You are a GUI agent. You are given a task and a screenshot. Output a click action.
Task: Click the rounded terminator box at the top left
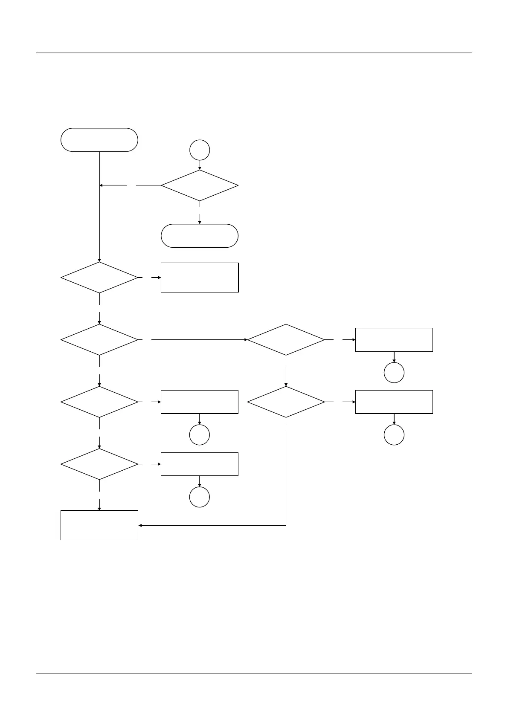pos(99,140)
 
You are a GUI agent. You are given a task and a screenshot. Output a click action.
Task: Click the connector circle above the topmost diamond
pos(200,150)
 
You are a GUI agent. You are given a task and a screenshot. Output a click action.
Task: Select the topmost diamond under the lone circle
pos(200,185)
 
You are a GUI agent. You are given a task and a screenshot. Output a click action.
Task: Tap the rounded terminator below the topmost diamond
pos(200,236)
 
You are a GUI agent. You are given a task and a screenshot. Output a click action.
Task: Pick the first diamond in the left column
pos(99,278)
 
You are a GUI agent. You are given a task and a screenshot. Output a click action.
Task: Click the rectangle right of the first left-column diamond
pos(200,278)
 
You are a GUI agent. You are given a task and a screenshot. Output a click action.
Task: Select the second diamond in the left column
pos(99,340)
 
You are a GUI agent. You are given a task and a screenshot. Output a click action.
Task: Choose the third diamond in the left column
pos(99,402)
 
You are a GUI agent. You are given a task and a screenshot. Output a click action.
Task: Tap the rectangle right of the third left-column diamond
pos(200,402)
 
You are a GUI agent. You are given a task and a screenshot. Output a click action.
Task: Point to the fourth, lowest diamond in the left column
pos(99,464)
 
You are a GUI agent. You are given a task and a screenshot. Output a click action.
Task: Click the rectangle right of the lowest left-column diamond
pos(200,464)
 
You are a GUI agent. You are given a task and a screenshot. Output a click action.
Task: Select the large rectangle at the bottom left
pos(99,525)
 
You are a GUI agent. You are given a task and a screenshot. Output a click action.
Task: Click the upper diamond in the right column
pos(286,340)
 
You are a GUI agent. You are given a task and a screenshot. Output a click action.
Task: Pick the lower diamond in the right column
pos(286,402)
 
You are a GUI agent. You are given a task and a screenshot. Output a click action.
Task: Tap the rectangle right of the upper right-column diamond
pos(394,340)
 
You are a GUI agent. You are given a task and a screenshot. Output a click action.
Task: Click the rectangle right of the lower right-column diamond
pos(394,402)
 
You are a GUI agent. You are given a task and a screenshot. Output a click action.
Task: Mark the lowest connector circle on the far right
pos(394,435)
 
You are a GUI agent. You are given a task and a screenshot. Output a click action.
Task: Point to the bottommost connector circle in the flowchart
pos(200,497)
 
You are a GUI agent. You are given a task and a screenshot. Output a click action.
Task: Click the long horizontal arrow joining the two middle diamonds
pos(198,340)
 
